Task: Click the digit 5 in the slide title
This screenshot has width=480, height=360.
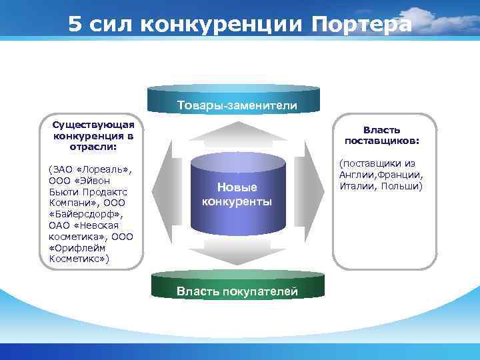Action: click(75, 24)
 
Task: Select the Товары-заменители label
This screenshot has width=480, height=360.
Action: click(237, 105)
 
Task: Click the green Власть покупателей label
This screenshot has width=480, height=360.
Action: click(237, 291)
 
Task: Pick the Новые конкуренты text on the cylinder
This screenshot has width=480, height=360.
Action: click(237, 194)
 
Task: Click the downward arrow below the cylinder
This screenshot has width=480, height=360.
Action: click(237, 252)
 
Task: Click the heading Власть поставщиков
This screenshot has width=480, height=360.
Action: click(382, 135)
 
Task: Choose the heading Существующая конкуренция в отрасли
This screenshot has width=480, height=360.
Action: click(93, 135)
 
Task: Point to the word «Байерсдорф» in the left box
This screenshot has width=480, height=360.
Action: click(87, 214)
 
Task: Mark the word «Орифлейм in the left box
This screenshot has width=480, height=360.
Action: click(76, 247)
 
